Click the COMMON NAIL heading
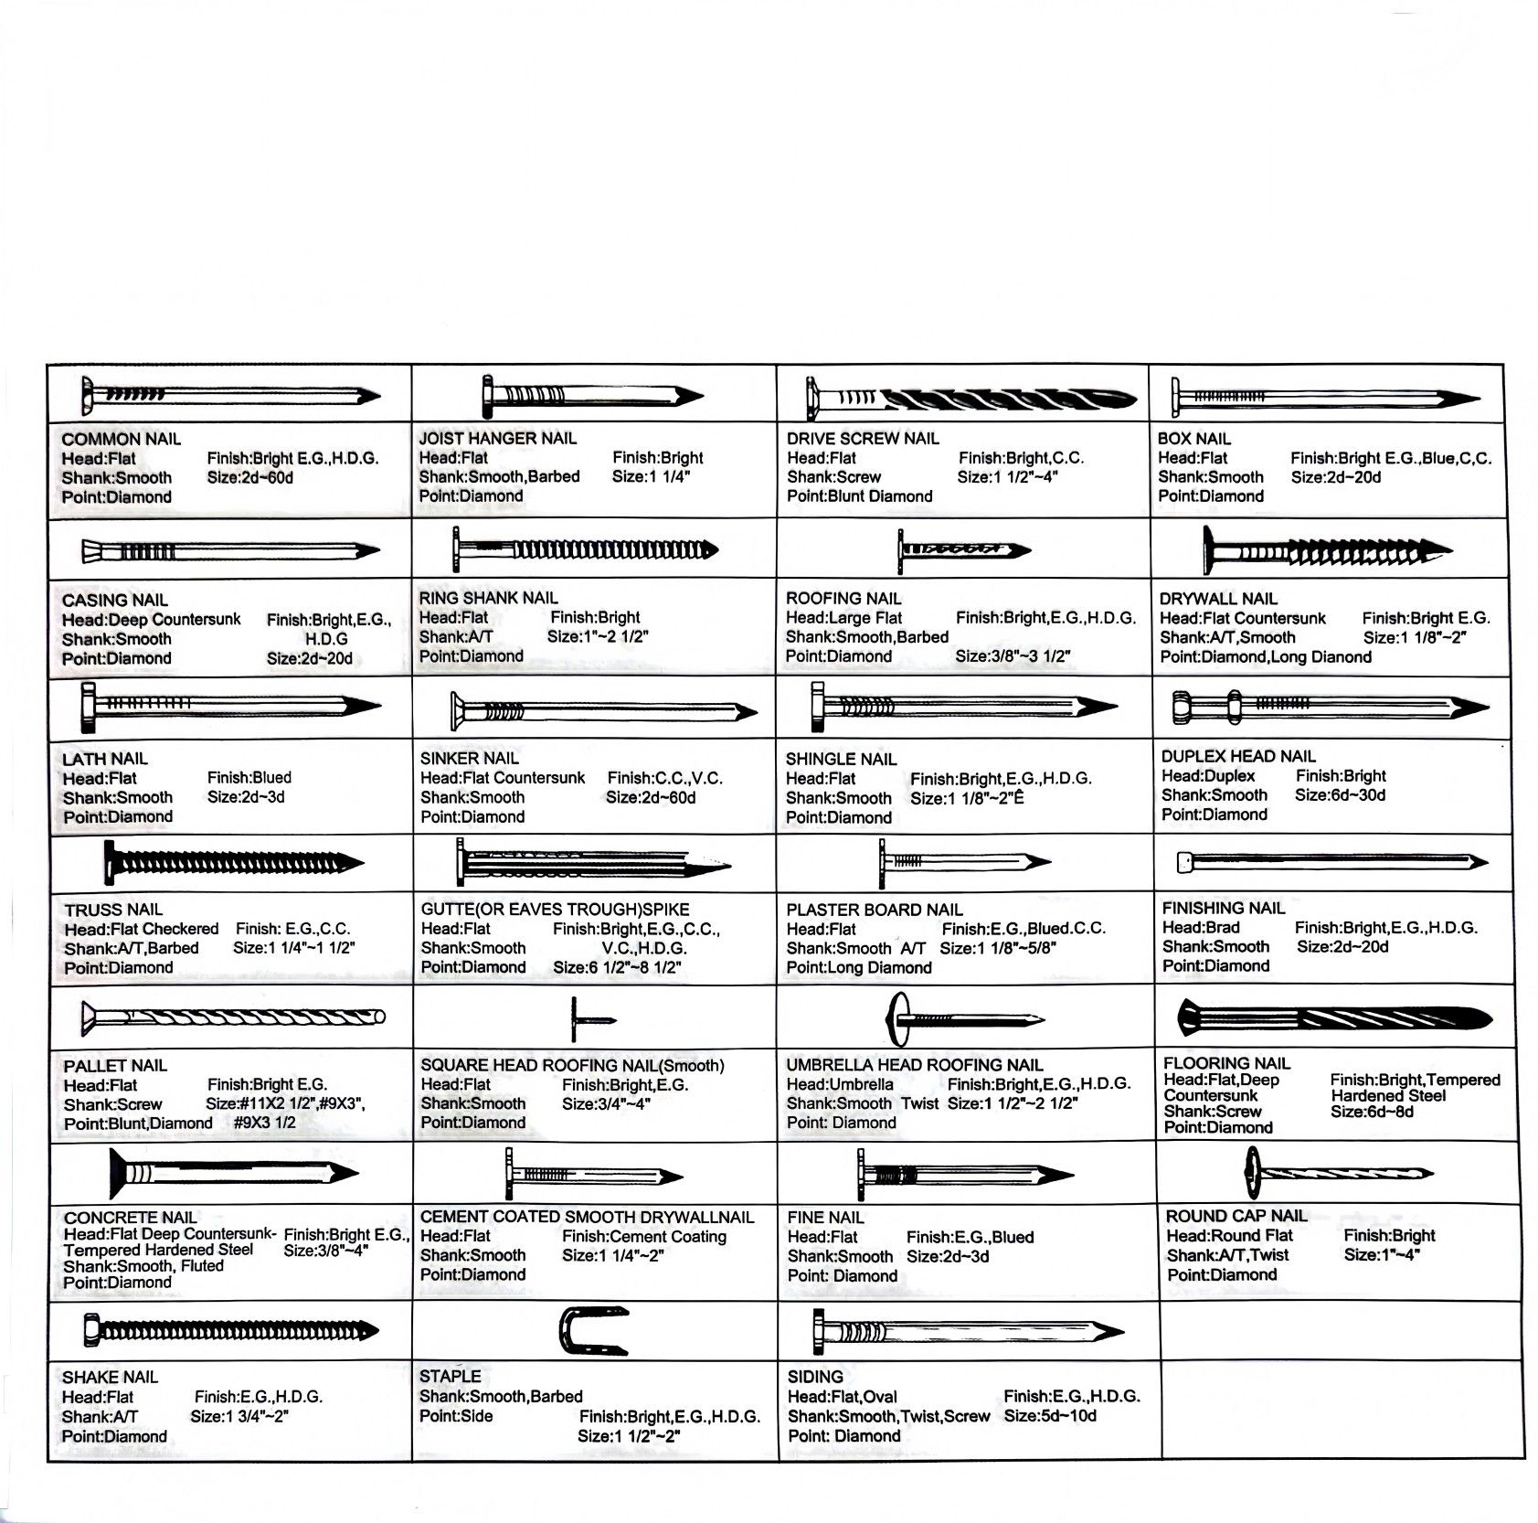[122, 439]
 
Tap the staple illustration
[592, 1331]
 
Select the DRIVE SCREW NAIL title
[863, 438]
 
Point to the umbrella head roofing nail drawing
[964, 1018]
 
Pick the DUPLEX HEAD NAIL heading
[1238, 756]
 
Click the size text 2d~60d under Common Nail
[250, 478]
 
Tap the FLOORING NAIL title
[1226, 1063]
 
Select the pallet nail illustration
[233, 1017]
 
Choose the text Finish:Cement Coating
[644, 1236]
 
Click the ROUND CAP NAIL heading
[1236, 1216]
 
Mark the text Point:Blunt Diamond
[859, 496]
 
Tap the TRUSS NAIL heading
[113, 910]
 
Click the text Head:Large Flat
[843, 618]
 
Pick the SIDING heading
[815, 1377]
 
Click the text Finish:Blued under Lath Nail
[249, 778]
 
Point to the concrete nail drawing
[233, 1173]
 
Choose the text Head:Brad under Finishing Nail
[1201, 927]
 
